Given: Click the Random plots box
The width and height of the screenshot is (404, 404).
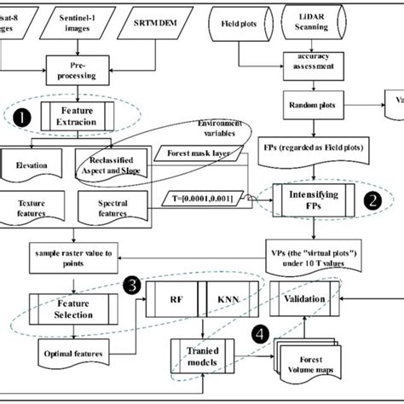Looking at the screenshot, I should (x=308, y=106).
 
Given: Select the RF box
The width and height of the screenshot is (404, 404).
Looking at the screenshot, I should (x=176, y=300).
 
